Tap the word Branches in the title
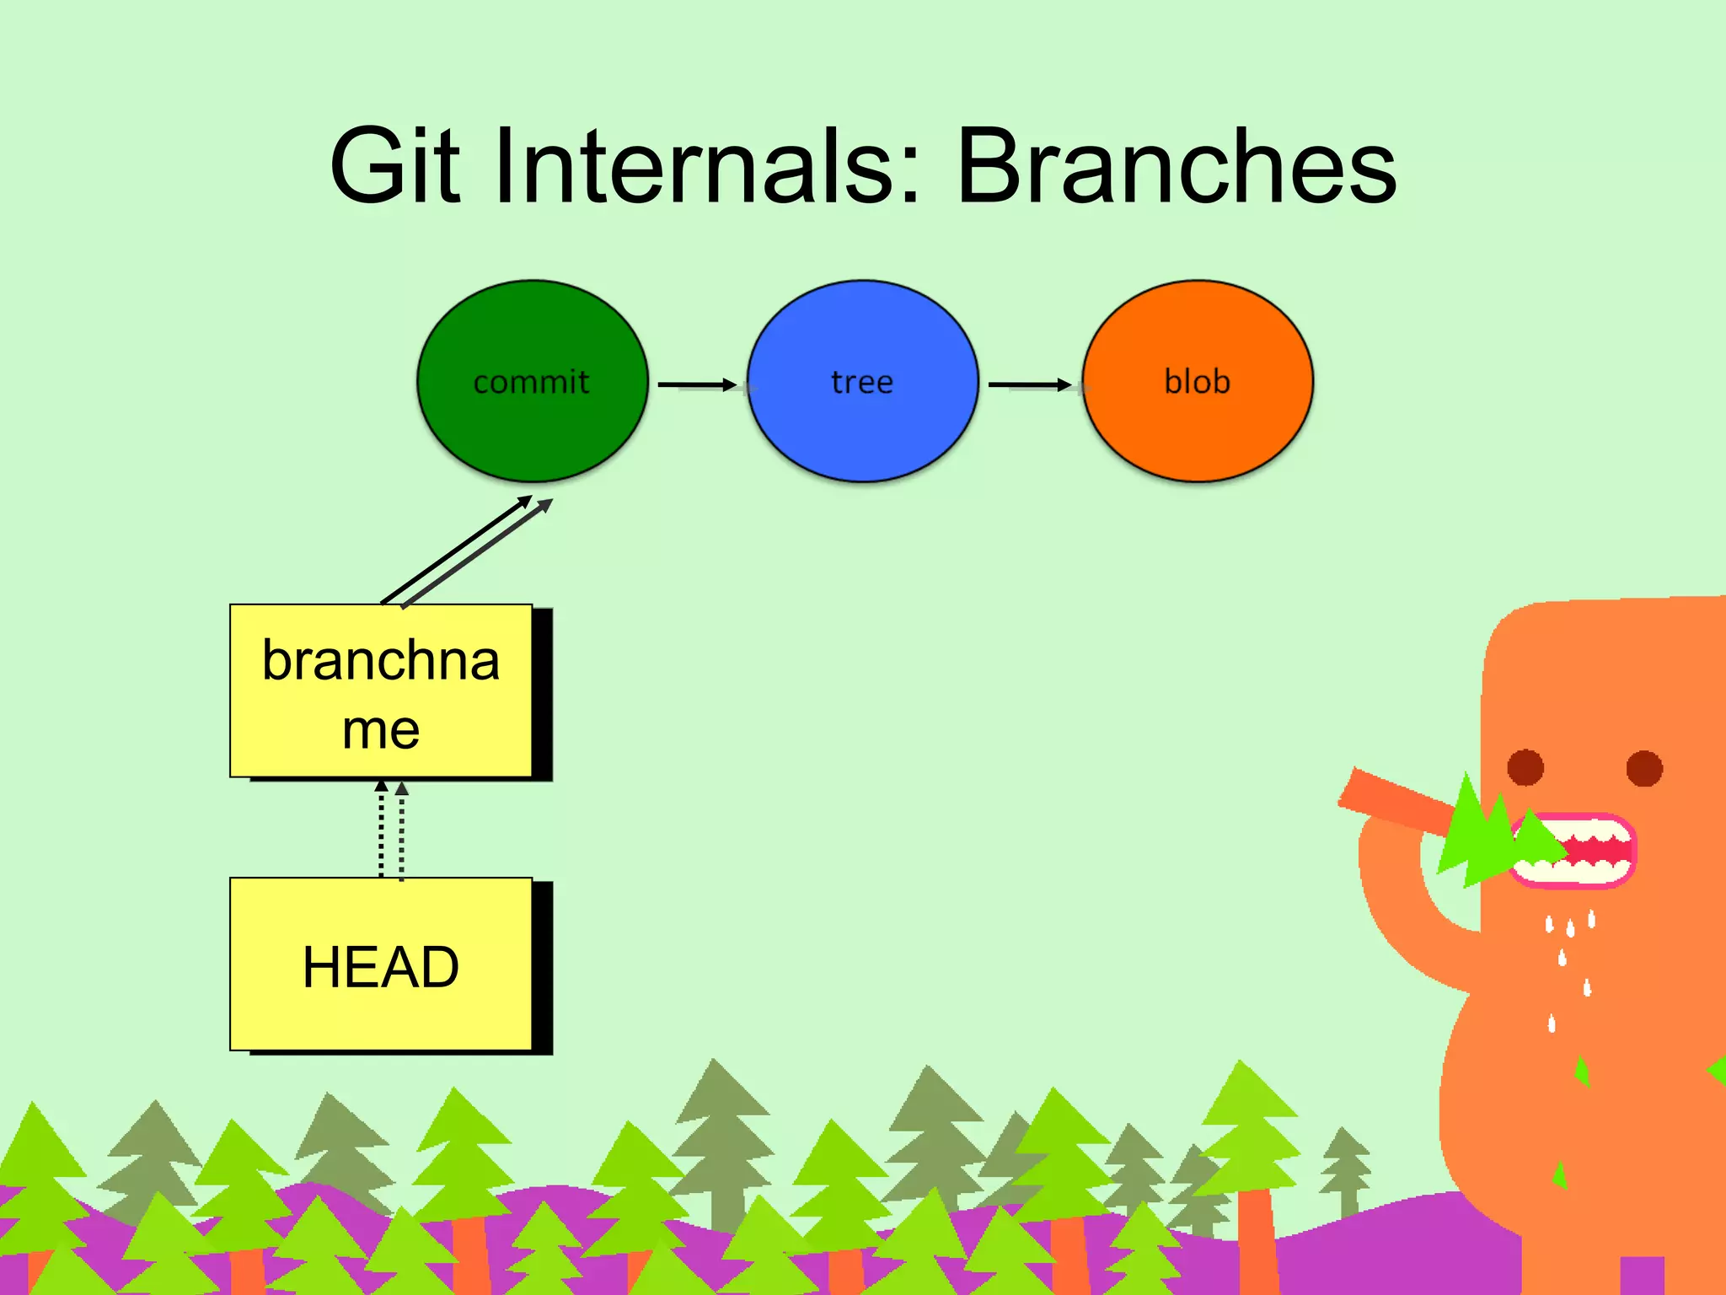(x=1177, y=166)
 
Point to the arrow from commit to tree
(x=698, y=385)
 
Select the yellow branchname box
(x=381, y=690)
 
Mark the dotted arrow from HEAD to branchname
(x=391, y=830)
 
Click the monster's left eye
(x=1525, y=767)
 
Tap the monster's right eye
(x=1644, y=768)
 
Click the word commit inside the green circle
(x=531, y=382)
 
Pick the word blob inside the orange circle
(x=1198, y=381)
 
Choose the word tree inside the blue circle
(x=862, y=382)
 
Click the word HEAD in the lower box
(x=381, y=966)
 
